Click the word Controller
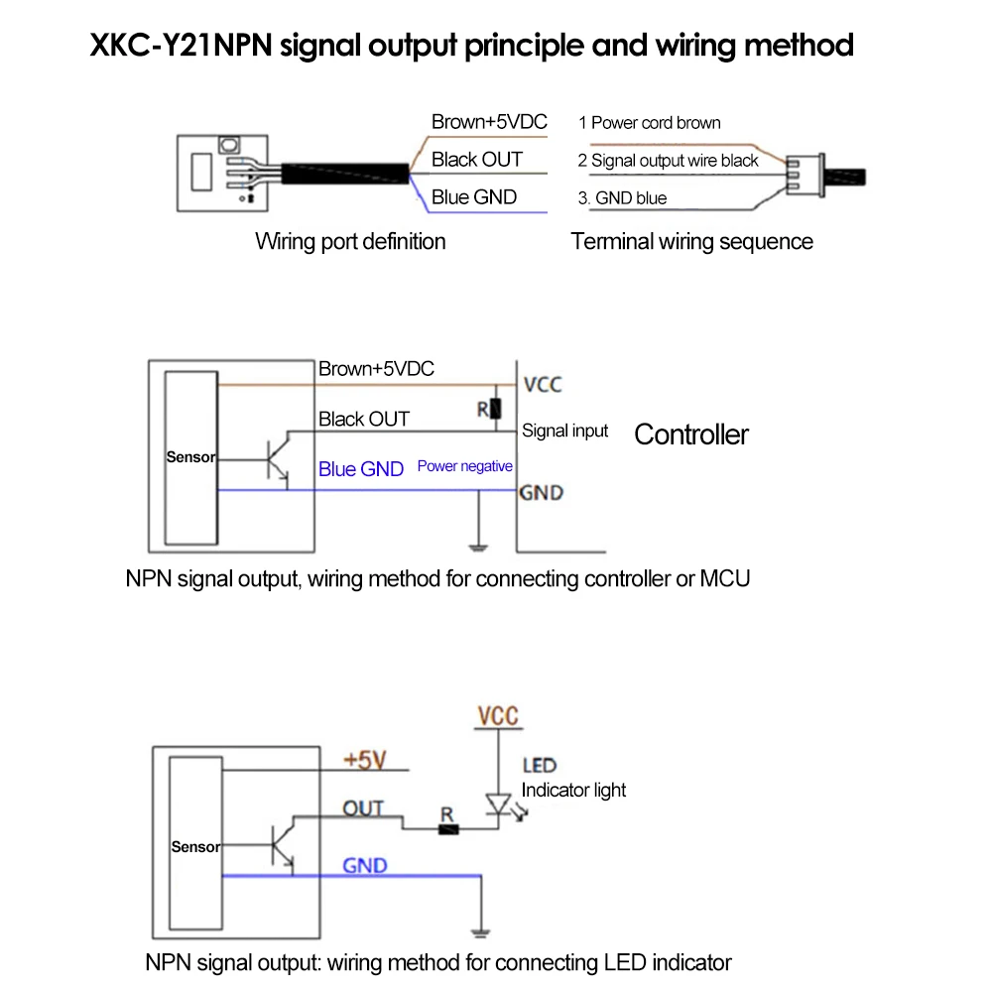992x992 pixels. click(691, 434)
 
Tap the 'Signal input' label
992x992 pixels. click(564, 432)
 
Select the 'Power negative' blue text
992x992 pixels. click(464, 466)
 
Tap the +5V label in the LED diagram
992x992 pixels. click(364, 760)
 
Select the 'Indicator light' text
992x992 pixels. click(573, 790)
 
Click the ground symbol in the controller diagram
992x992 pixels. click(479, 545)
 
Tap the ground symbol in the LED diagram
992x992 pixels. click(481, 931)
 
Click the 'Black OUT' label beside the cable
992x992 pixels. click(476, 160)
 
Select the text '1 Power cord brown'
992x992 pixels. click(649, 123)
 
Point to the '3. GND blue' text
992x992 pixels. click(622, 198)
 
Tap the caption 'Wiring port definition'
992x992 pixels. click(350, 241)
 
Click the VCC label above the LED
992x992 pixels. click(497, 716)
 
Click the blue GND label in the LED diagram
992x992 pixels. click(364, 866)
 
